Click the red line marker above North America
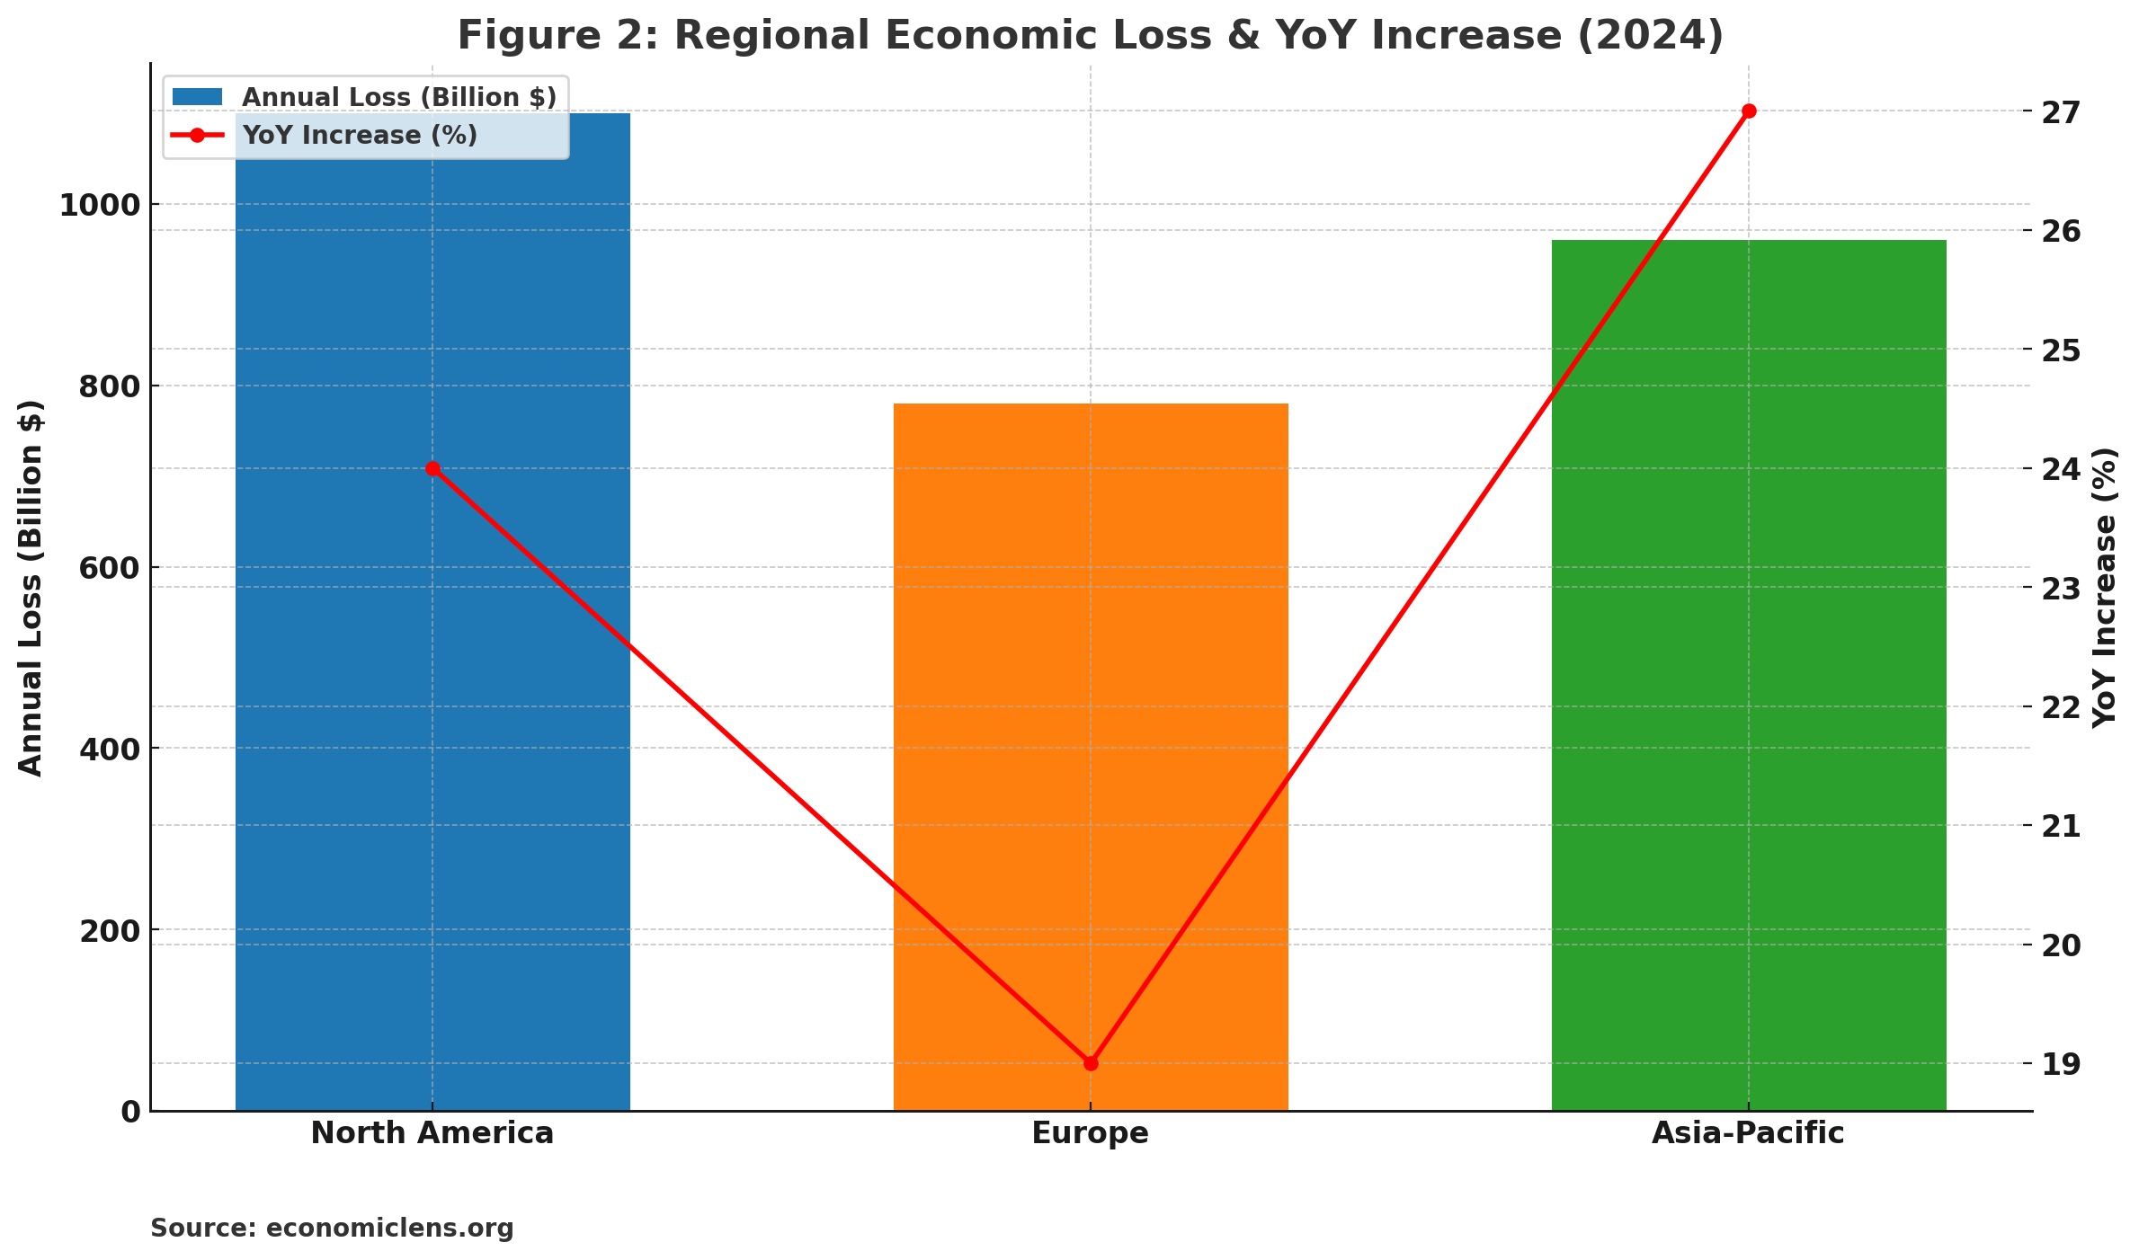point(432,468)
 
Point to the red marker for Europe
point(1091,1063)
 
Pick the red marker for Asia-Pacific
point(1749,111)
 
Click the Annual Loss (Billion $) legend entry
point(398,97)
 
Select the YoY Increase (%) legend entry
point(360,135)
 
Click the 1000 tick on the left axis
point(99,205)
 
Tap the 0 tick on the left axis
point(130,1112)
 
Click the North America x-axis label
point(432,1133)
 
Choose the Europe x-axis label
point(1090,1133)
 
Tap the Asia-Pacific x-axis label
point(1748,1133)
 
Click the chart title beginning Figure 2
point(1090,36)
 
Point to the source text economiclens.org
point(332,1229)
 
